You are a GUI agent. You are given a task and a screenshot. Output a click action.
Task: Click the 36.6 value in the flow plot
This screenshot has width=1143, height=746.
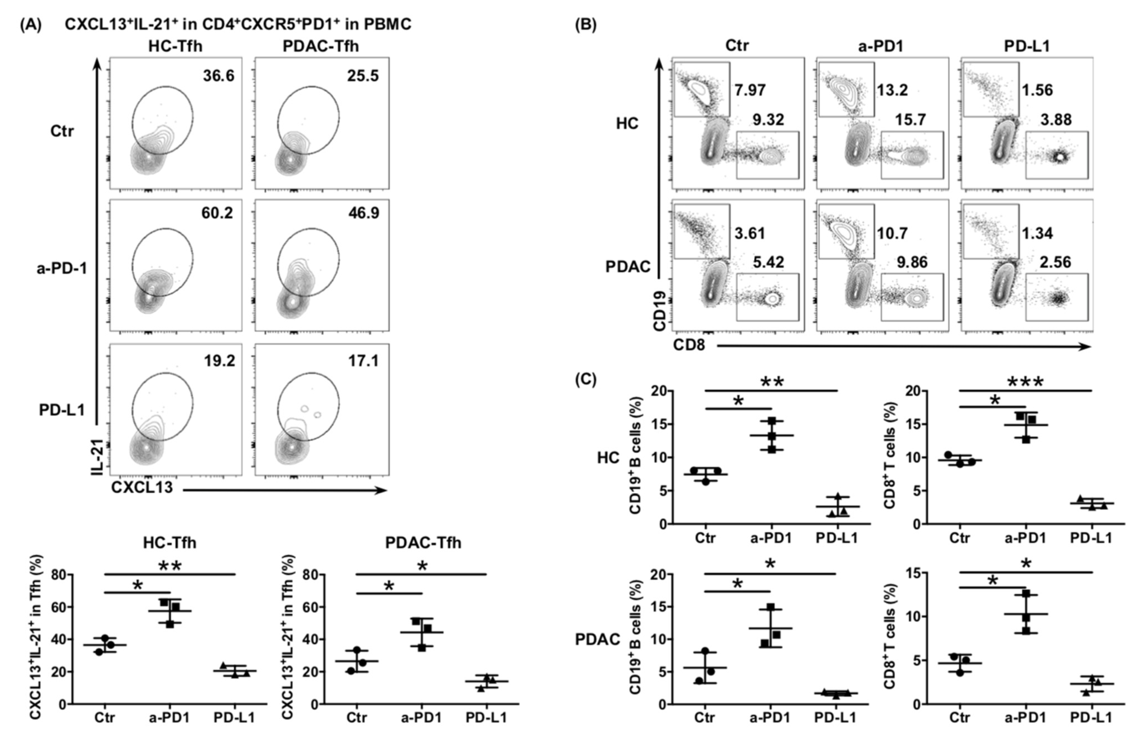click(x=218, y=76)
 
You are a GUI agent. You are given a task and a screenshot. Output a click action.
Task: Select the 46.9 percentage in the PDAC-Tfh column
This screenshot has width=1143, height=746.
click(x=364, y=213)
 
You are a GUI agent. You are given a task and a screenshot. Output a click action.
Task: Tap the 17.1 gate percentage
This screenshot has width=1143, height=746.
click(x=364, y=360)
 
